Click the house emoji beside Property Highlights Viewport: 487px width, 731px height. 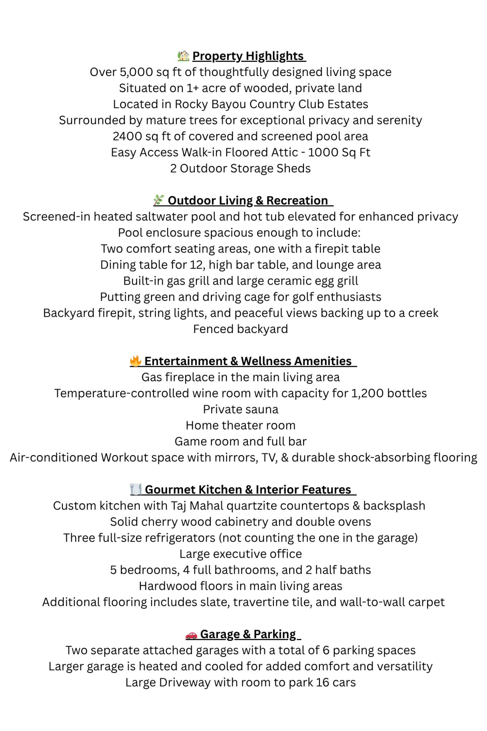coord(183,56)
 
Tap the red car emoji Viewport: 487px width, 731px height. coord(191,635)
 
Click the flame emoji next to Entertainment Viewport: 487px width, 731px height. coord(136,361)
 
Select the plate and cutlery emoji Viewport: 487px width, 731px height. coord(136,489)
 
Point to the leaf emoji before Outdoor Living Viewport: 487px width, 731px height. coord(159,200)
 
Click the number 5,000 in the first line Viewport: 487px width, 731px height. coord(137,72)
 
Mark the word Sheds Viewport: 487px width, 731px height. coord(295,168)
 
